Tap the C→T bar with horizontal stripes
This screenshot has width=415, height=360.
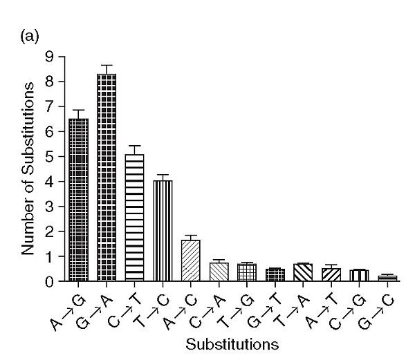[134, 218]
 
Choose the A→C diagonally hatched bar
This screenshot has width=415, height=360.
[190, 261]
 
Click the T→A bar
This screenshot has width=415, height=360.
[302, 273]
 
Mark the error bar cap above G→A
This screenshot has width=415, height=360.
[107, 65]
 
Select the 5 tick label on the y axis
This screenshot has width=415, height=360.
[48, 157]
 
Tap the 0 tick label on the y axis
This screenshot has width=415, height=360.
[48, 282]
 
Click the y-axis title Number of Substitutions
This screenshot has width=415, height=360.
[28, 169]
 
